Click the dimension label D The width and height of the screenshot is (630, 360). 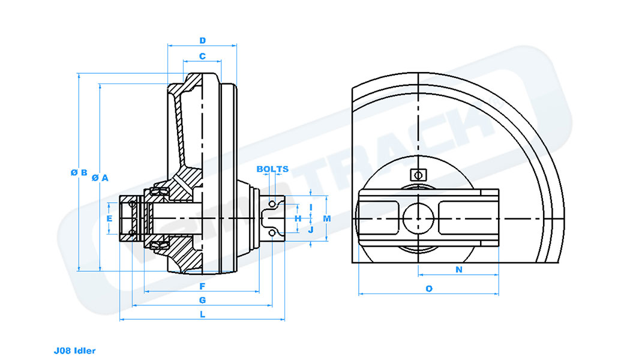tap(203, 41)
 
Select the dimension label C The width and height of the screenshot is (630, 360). tap(202, 56)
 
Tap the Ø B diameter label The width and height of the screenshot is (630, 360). tap(79, 172)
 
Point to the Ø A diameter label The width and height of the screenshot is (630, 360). tap(100, 178)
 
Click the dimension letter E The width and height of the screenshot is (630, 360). tap(109, 219)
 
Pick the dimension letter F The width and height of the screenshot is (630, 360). tap(202, 286)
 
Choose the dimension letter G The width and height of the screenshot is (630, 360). tap(202, 299)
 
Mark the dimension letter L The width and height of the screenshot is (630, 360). tap(202, 314)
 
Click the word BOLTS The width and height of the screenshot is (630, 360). tap(272, 169)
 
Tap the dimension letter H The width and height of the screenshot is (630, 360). tap(298, 218)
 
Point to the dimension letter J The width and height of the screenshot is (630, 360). tap(311, 230)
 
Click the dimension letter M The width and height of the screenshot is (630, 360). tap(326, 218)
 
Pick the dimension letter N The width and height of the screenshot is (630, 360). tap(458, 270)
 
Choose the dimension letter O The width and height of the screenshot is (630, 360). tap(428, 289)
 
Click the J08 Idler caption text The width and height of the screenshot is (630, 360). tap(74, 350)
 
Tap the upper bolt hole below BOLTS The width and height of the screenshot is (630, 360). tap(272, 205)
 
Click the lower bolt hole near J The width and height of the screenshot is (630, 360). tap(272, 232)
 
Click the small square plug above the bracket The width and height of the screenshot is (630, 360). tap(417, 175)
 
